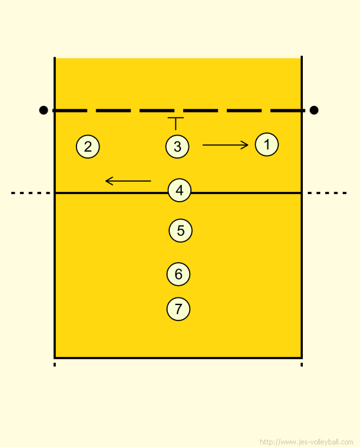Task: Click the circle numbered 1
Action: click(x=267, y=145)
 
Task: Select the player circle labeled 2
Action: click(x=88, y=146)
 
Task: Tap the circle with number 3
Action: click(x=177, y=146)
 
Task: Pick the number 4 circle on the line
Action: click(x=179, y=190)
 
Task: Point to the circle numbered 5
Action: click(x=181, y=231)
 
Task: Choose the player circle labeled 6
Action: click(x=178, y=274)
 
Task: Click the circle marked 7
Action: click(x=178, y=309)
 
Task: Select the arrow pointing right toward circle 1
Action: click(x=225, y=145)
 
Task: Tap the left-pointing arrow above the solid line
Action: click(x=128, y=180)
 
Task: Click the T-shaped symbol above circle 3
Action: click(x=175, y=123)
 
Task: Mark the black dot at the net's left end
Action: click(x=43, y=110)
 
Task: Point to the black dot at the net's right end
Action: click(x=314, y=110)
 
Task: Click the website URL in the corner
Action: click(x=307, y=442)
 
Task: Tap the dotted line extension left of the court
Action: click(x=30, y=193)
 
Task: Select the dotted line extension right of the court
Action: click(x=327, y=193)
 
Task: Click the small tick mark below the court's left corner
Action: click(x=55, y=365)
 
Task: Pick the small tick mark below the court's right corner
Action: click(x=301, y=365)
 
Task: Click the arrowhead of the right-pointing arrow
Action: click(x=246, y=145)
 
